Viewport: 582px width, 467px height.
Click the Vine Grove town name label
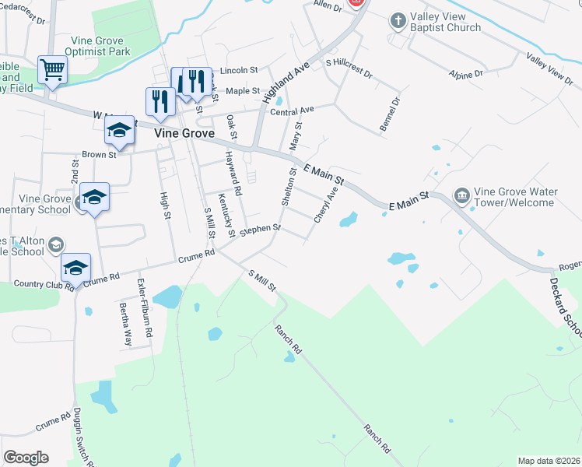184,133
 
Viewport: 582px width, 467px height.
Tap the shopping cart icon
52,70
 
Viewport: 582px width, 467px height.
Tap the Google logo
26,458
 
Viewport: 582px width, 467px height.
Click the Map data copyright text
549,461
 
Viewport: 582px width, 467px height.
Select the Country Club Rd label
38,285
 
